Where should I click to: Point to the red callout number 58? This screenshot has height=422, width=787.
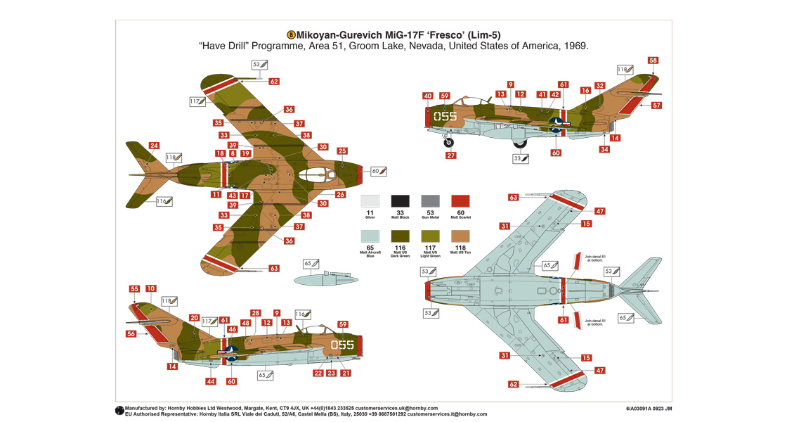653,60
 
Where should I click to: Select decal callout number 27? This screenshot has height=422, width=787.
450,155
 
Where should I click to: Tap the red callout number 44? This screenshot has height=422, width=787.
210,381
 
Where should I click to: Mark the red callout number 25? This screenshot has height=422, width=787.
342,151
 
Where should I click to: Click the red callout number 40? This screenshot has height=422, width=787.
428,96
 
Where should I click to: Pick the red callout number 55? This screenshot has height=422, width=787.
134,289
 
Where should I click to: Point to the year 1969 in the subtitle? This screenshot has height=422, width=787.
573,46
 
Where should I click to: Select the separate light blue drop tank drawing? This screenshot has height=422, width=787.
320,279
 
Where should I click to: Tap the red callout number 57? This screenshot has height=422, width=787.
656,105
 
